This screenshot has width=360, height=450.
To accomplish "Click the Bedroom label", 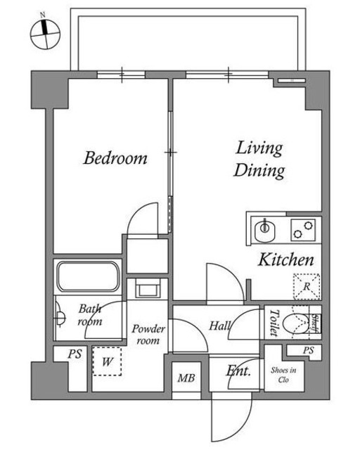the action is tap(115, 157).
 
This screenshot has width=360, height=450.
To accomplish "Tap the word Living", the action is tap(259, 148).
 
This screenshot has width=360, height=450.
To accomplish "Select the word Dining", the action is tap(259, 170).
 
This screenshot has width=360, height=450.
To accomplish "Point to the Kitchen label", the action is tap(286, 259).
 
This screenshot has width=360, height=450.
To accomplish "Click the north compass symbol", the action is tap(46, 33).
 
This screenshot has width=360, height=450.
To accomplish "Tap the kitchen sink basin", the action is tap(265, 230).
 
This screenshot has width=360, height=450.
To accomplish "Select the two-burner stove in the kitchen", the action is tap(303, 230).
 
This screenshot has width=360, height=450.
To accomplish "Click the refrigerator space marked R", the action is tap(307, 286).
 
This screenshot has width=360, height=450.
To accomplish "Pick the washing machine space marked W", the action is tap(107, 361).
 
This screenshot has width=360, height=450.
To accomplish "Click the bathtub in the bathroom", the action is tap(88, 276).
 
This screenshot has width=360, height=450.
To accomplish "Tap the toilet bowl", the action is tap(295, 323).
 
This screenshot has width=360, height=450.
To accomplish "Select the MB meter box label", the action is tap(186, 378).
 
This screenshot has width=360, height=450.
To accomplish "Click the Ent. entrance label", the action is tap(238, 371).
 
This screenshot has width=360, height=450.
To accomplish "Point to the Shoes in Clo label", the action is tap(283, 375).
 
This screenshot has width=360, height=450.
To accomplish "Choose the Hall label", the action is tap(220, 326).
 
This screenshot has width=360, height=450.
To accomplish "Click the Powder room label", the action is tap(148, 335).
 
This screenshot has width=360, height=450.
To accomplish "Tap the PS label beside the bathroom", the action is tap(75, 354).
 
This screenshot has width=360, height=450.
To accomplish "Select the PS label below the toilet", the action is tap(309, 350).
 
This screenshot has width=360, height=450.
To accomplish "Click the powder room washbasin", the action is tap(148, 289).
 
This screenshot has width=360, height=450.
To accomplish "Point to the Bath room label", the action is tap(89, 315).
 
